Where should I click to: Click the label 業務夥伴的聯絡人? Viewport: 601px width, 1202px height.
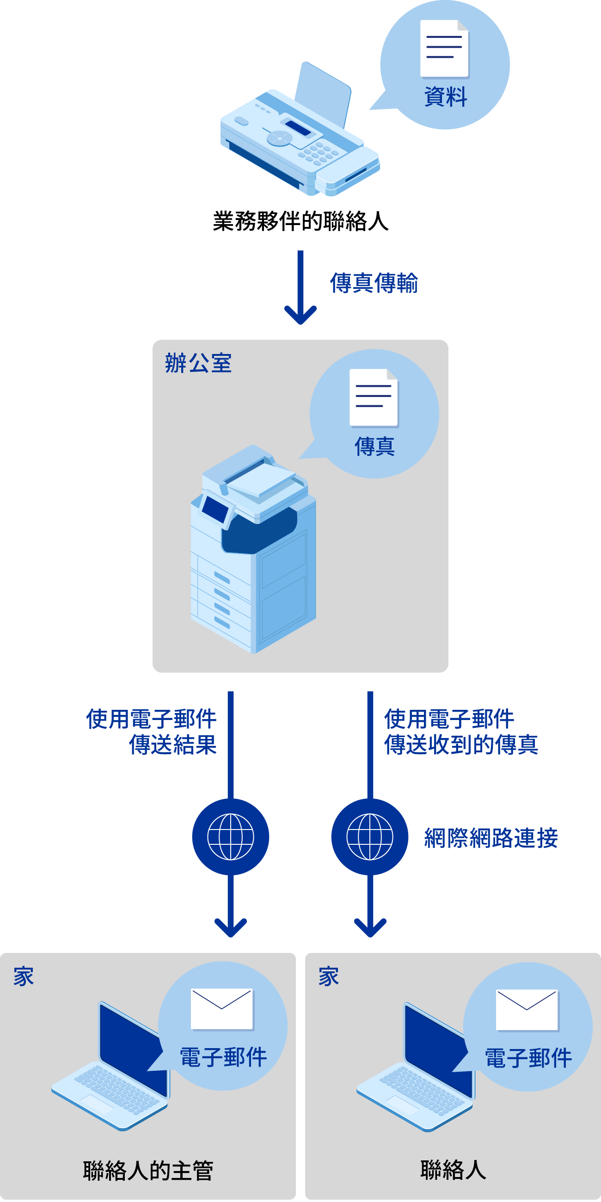coord(300,221)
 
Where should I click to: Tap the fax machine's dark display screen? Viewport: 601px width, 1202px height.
coord(298,128)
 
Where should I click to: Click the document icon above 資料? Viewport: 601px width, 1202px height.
coord(444,48)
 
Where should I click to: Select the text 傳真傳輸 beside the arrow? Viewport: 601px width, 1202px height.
coord(374,283)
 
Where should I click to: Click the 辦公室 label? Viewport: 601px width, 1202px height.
coord(198,363)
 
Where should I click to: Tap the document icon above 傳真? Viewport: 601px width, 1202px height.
coord(374,397)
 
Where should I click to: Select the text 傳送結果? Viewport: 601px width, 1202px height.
coord(172,744)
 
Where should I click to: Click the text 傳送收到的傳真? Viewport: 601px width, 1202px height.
coord(461,744)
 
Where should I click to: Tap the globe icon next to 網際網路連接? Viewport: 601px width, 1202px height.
coord(369,836)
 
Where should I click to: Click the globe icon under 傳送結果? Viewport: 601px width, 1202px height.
coord(231,836)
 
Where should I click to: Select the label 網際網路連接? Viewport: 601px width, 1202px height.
coord(491,837)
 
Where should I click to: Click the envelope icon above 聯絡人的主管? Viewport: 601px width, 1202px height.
coord(221,1008)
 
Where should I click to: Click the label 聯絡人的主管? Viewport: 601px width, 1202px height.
coord(148,1170)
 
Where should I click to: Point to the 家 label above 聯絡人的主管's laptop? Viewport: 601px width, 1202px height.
coord(23,976)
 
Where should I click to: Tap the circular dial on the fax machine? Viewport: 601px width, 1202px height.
coord(280,138)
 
